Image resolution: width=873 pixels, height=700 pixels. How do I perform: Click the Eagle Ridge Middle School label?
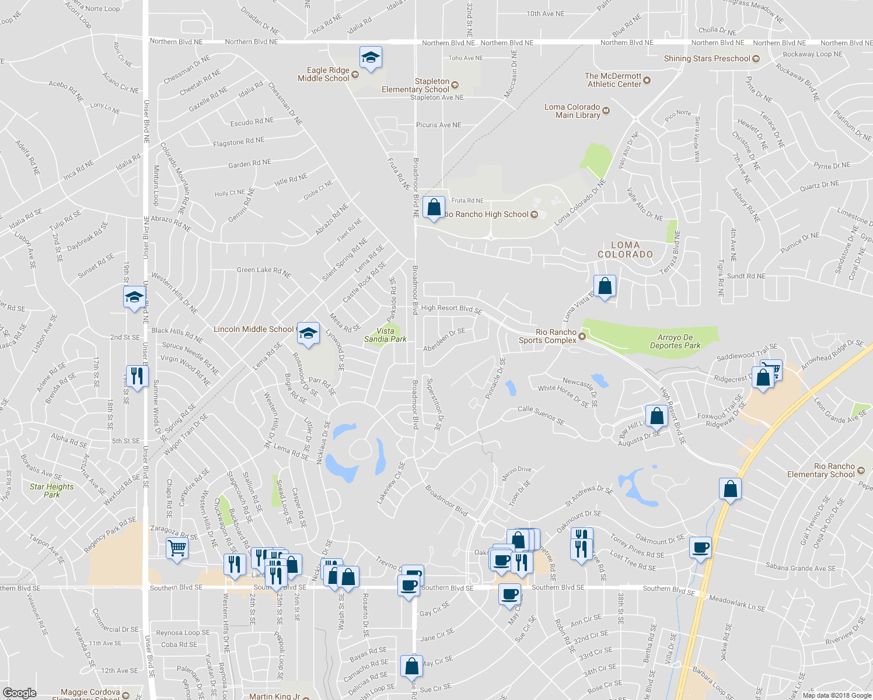(x=323, y=74)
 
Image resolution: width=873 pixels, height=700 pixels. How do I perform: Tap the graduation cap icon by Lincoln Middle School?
(x=308, y=333)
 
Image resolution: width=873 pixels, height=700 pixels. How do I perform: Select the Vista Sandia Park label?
(x=385, y=335)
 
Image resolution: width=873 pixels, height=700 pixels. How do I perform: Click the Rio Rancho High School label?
(x=486, y=214)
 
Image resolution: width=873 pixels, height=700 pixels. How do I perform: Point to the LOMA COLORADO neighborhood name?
(x=625, y=250)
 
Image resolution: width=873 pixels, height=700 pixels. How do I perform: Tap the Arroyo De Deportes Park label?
(x=675, y=341)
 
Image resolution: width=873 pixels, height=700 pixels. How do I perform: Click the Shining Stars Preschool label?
(x=707, y=58)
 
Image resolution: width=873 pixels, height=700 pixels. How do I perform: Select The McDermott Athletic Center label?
(x=614, y=80)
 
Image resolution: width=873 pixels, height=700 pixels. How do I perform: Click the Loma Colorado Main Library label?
(x=572, y=111)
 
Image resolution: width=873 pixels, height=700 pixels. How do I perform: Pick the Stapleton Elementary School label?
(x=415, y=85)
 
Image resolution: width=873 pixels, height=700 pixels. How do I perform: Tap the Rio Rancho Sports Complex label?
(x=547, y=336)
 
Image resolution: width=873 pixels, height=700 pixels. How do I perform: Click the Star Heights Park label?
(x=52, y=491)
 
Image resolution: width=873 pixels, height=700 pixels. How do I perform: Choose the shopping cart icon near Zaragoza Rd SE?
(x=177, y=548)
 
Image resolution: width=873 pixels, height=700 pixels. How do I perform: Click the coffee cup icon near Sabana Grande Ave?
(x=700, y=548)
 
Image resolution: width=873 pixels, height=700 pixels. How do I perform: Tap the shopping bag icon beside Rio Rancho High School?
(x=434, y=207)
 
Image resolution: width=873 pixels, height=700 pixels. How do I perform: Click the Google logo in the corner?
(x=19, y=693)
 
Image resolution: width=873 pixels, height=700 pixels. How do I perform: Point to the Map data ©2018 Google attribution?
(x=836, y=695)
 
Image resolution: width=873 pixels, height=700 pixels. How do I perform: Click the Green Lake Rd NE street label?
(x=264, y=271)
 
